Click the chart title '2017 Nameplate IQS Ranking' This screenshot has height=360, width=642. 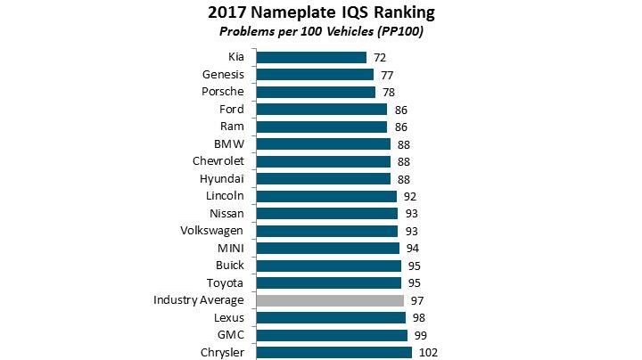(x=321, y=12)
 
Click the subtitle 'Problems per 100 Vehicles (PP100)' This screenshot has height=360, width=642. (x=321, y=32)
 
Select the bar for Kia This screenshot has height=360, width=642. (x=310, y=57)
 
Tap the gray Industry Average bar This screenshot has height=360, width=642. (x=330, y=300)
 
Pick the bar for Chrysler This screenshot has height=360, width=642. (x=333, y=353)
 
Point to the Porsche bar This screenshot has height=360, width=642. (x=315, y=92)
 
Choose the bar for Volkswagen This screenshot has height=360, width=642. (x=326, y=231)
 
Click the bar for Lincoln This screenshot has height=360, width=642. (x=325, y=196)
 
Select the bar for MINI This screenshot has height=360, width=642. (x=327, y=248)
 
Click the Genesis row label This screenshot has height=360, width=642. (x=224, y=74)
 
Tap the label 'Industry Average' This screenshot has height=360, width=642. (x=199, y=300)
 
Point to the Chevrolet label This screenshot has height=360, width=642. (x=218, y=161)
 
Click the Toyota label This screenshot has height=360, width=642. (x=225, y=282)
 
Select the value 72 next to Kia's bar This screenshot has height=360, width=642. (x=380, y=57)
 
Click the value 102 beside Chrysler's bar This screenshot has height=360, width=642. (x=428, y=353)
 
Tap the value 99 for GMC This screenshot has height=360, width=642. (x=420, y=335)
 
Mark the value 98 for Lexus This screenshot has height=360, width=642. (x=418, y=318)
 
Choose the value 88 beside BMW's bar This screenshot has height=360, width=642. (x=403, y=144)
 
